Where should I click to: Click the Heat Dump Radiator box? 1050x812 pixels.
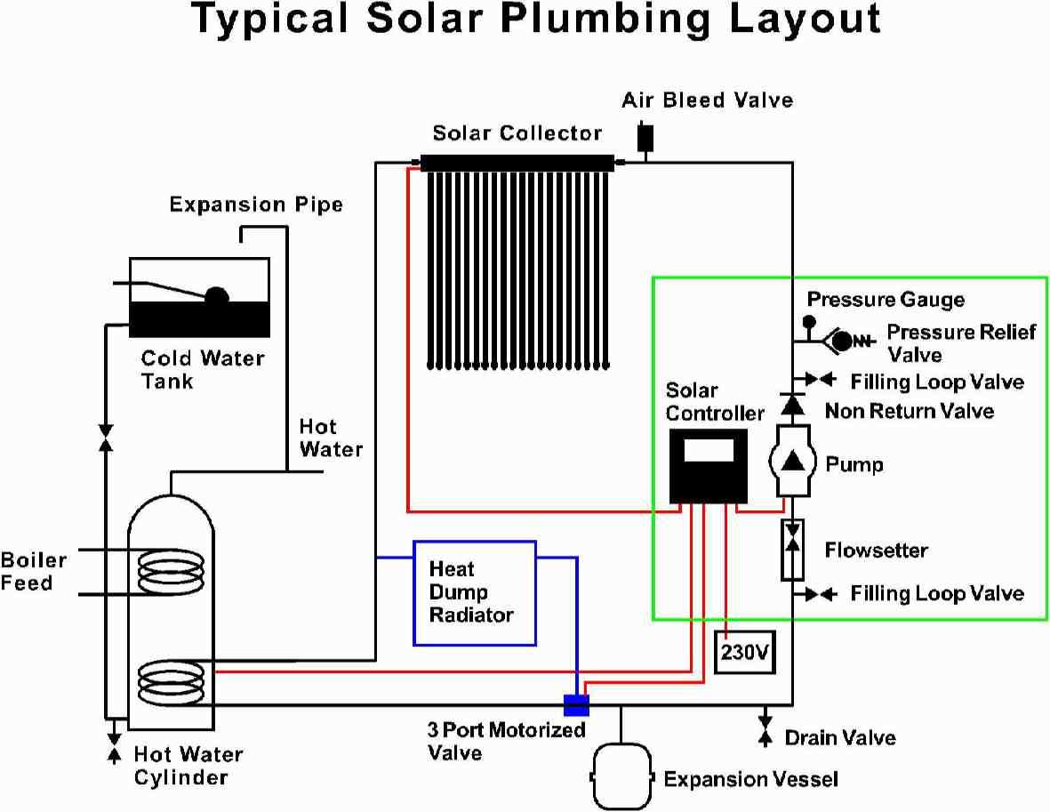(475, 592)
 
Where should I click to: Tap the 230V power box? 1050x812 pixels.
(744, 653)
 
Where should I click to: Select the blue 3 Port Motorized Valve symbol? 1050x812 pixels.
(576, 705)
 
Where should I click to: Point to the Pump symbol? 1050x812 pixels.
(791, 460)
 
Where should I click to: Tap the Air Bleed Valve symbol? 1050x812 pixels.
(645, 136)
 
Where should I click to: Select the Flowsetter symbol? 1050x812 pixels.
(791, 550)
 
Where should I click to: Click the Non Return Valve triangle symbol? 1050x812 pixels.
(791, 404)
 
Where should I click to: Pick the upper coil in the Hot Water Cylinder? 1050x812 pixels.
(172, 570)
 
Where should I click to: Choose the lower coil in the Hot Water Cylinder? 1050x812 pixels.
(171, 682)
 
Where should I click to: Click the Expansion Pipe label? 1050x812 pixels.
(256, 205)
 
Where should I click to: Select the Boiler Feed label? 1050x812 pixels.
(33, 572)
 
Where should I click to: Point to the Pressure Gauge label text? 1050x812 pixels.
(886, 300)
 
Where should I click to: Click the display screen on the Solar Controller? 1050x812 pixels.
(708, 450)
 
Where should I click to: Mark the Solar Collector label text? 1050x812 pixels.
(517, 133)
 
